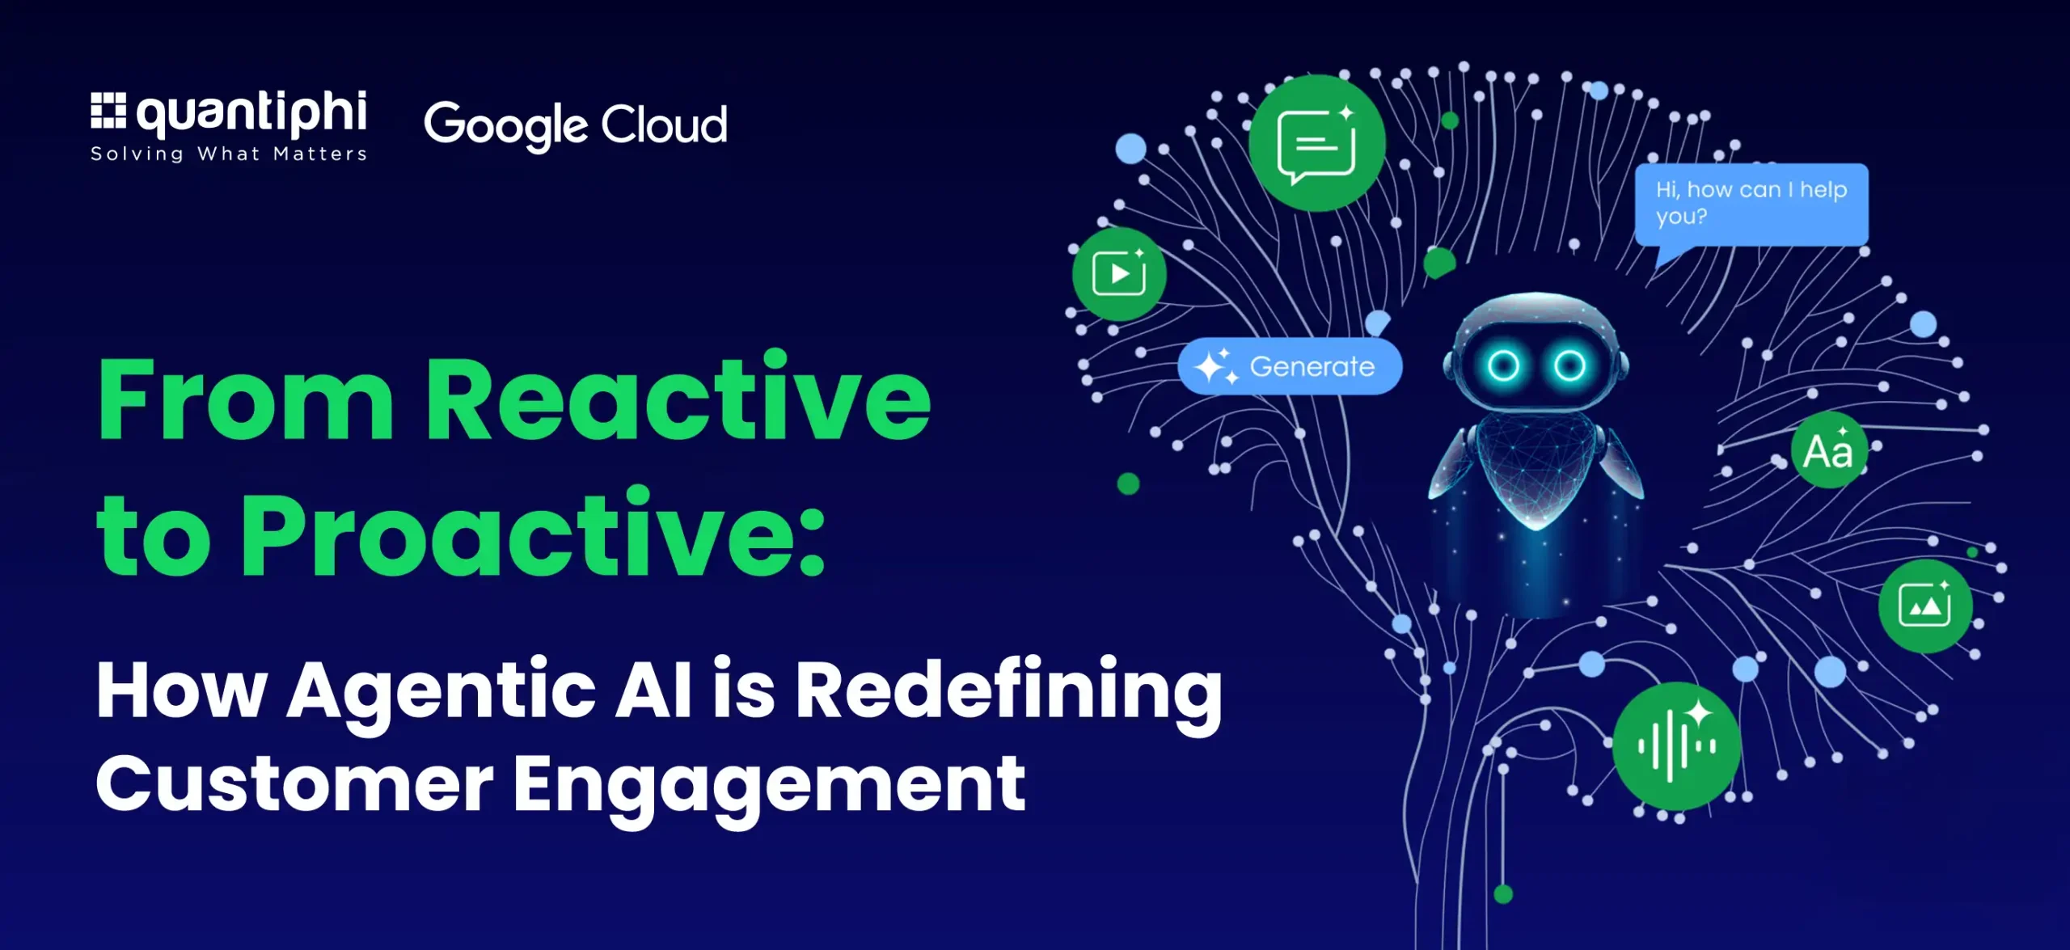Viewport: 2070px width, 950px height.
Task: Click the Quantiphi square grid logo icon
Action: tap(108, 111)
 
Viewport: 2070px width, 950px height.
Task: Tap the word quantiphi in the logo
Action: tap(252, 113)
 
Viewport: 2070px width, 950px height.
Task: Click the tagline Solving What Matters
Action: tap(229, 154)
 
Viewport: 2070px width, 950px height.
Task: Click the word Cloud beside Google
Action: tap(664, 125)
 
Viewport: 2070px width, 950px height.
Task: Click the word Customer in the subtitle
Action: tap(295, 783)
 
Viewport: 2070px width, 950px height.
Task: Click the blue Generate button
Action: tap(1290, 366)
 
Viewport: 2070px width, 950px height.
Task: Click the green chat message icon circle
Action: tap(1316, 143)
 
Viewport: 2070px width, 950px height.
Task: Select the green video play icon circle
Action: tap(1119, 273)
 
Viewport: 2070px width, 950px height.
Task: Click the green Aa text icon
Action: tap(1829, 450)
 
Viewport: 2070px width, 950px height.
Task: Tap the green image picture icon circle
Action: tap(1925, 606)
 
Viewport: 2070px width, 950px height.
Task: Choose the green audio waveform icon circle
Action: tap(1676, 745)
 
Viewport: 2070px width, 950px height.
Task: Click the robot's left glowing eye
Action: tap(1503, 366)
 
